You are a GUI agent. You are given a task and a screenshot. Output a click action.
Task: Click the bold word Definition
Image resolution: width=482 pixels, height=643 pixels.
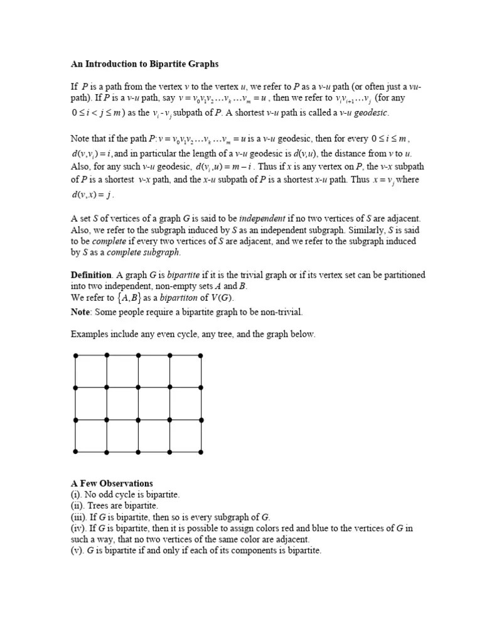coord(91,275)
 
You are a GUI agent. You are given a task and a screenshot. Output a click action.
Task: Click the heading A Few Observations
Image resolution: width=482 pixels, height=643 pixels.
coord(112,484)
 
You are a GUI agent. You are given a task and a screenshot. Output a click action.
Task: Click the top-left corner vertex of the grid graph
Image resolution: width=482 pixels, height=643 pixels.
coord(75,355)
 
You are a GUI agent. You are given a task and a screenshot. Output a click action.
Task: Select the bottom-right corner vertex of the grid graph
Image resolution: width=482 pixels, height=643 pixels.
coord(201,451)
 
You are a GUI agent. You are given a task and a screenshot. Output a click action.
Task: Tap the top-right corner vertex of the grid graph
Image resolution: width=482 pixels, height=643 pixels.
coord(201,355)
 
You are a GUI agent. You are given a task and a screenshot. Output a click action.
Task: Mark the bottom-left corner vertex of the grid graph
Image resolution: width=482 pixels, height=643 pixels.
coord(75,451)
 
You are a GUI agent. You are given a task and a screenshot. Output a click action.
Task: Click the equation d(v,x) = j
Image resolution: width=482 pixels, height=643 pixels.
coord(92,195)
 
